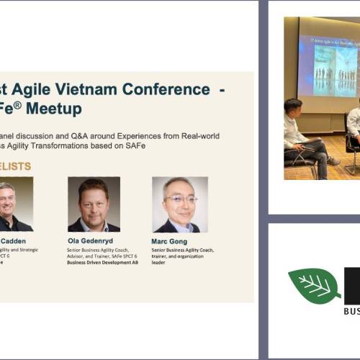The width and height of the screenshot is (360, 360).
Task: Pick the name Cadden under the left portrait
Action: [16, 240]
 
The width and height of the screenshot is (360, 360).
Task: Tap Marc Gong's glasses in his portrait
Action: [179, 198]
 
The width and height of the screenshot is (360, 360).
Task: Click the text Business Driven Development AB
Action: [104, 263]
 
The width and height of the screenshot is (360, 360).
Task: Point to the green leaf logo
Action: [314, 284]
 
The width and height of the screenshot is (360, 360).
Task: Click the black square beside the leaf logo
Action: [352, 285]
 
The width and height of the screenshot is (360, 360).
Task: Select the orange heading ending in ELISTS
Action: [16, 166]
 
